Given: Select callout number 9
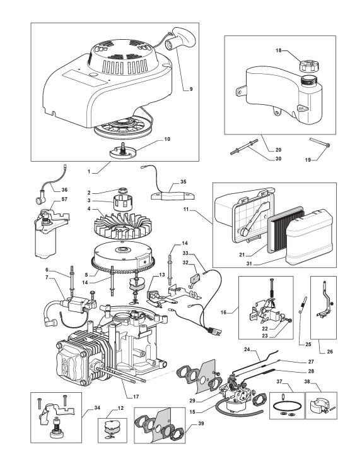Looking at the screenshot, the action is [191, 89].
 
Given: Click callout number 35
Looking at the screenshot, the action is [184, 182].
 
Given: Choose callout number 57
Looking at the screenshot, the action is [64, 199].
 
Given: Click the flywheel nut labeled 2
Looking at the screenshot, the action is [122, 191].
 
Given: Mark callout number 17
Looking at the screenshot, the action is [136, 397].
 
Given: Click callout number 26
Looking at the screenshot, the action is [330, 351].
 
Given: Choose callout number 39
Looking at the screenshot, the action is [201, 423].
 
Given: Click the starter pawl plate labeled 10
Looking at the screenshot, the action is [123, 151].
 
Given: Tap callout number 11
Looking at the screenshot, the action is [186, 209].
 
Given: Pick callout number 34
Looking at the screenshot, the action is [97, 408].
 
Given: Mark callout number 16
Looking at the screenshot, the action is [223, 313].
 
